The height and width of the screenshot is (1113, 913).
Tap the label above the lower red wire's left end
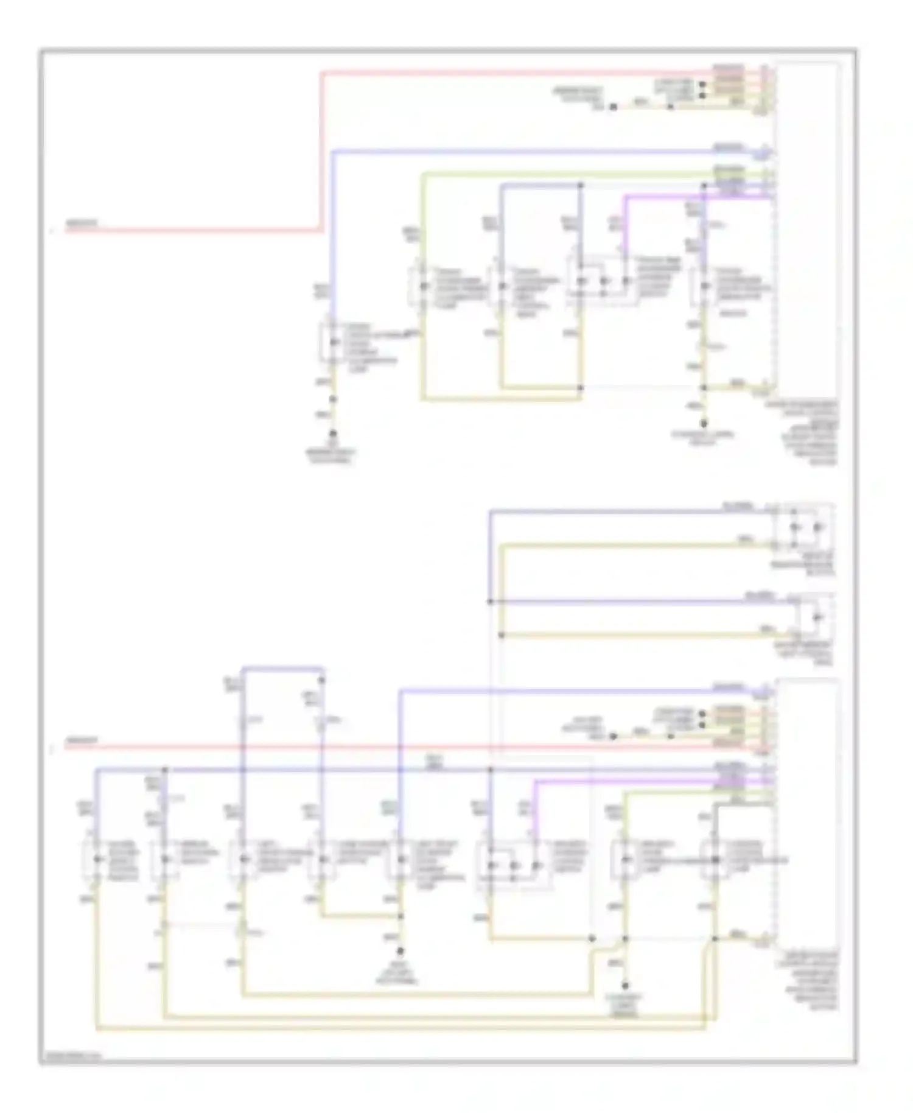[x=81, y=740]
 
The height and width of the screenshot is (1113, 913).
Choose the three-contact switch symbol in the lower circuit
[x=513, y=865]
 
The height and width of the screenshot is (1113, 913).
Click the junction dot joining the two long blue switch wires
[x=490, y=602]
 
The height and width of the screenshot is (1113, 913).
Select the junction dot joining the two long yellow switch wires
[x=501, y=635]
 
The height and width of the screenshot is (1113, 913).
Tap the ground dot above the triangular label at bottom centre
[x=401, y=950]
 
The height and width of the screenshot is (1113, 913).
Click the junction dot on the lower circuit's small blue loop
[x=322, y=680]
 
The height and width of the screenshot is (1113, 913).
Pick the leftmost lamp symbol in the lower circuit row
[x=97, y=859]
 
